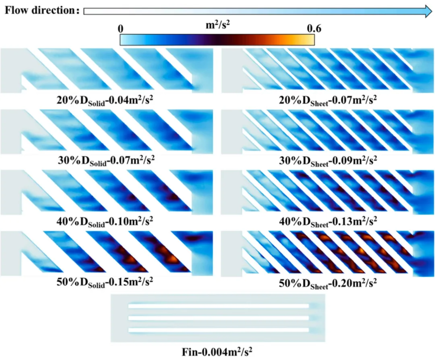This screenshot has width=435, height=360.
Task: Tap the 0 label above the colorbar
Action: (120, 29)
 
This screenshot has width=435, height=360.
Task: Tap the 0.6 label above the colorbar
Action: (314, 29)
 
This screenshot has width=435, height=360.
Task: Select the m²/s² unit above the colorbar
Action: (217, 25)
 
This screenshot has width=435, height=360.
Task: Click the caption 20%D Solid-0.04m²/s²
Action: (105, 100)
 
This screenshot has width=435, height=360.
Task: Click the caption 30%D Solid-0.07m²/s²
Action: (106, 160)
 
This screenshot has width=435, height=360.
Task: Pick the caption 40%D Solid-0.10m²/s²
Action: (105, 221)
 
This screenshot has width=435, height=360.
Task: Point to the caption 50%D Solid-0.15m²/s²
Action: (105, 282)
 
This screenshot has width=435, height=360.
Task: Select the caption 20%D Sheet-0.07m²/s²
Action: (328, 100)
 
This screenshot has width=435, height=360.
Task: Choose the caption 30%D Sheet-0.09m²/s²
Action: (328, 160)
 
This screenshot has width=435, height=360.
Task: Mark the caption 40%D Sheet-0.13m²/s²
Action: (328, 222)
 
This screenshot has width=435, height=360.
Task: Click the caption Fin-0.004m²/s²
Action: (217, 352)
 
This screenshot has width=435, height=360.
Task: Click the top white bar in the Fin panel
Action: (218, 306)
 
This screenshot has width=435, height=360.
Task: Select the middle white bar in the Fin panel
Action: (218, 318)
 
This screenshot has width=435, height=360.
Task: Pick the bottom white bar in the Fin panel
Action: (218, 330)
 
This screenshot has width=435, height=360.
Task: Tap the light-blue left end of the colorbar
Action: (124, 40)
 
